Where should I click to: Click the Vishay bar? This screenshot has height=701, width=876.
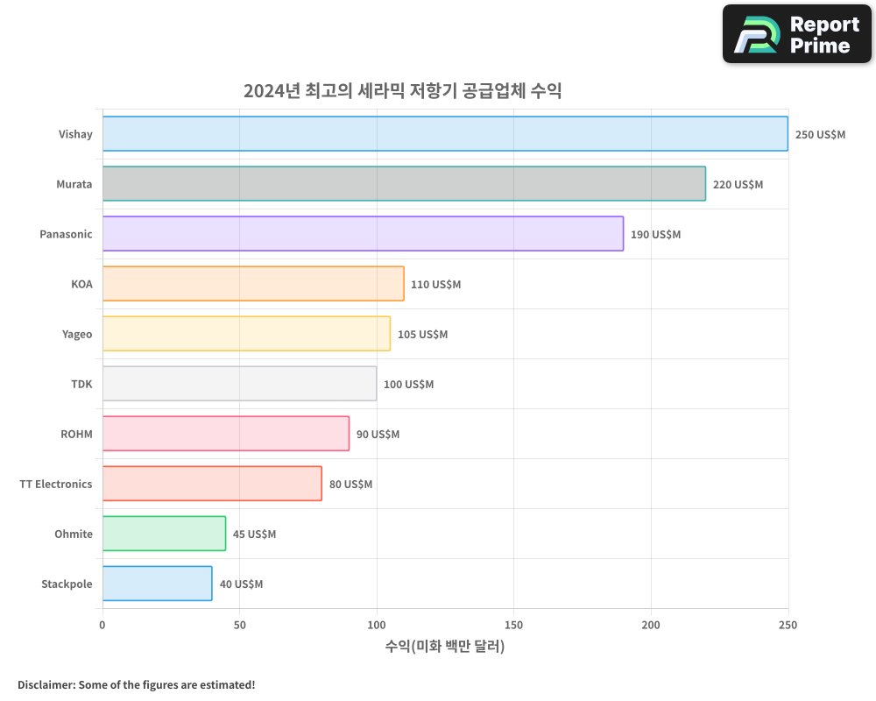pyautogui.click(x=445, y=134)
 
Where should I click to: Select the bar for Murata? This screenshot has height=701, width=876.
pyautogui.click(x=404, y=184)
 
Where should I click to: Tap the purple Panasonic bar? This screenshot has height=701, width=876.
pyautogui.click(x=363, y=234)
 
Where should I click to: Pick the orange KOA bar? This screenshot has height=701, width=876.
pyautogui.click(x=253, y=284)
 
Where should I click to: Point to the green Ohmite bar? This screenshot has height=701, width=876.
pyautogui.click(x=164, y=534)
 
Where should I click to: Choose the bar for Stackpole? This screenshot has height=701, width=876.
pyautogui.click(x=157, y=584)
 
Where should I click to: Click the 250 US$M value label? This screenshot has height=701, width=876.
pyautogui.click(x=820, y=135)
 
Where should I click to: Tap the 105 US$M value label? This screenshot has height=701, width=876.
pyautogui.click(x=422, y=335)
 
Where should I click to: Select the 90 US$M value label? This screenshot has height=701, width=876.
pyautogui.click(x=378, y=435)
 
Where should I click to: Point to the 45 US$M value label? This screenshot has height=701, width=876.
pyautogui.click(x=254, y=535)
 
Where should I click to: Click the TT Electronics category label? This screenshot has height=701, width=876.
pyautogui.click(x=56, y=484)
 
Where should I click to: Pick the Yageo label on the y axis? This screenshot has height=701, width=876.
pyautogui.click(x=77, y=334)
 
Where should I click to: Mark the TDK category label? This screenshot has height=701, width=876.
pyautogui.click(x=81, y=384)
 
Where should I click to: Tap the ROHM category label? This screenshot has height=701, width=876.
pyautogui.click(x=76, y=434)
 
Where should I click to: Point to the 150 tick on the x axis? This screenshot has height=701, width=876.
pyautogui.click(x=513, y=625)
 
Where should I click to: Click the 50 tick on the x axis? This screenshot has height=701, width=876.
pyautogui.click(x=240, y=625)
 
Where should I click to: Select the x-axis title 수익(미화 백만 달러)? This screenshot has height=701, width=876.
pyautogui.click(x=445, y=647)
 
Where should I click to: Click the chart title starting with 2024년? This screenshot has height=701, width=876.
pyautogui.click(x=402, y=91)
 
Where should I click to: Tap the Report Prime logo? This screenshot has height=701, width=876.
pyautogui.click(x=797, y=34)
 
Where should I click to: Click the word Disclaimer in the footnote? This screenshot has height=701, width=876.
pyautogui.click(x=46, y=684)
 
